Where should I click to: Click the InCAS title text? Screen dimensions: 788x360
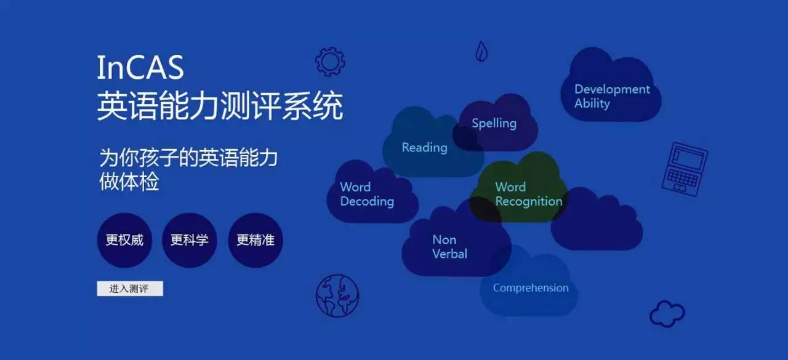[140, 67]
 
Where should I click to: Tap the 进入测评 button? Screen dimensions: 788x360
[130, 289]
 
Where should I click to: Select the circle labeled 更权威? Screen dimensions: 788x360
[124, 240]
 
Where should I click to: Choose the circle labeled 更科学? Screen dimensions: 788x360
[189, 240]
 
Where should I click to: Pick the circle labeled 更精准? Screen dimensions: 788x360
[255, 240]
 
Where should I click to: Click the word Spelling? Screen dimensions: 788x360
[494, 124]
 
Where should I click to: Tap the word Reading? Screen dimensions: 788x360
[424, 148]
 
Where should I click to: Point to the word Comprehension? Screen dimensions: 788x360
[531, 288]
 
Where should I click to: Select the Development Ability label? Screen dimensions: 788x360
[612, 97]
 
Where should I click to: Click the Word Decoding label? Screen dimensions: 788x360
[367, 194]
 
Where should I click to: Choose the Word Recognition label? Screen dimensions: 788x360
[529, 194]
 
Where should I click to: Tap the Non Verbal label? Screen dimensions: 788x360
[449, 247]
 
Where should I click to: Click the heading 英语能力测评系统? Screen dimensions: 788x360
[220, 105]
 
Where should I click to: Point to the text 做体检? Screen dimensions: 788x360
[129, 182]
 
